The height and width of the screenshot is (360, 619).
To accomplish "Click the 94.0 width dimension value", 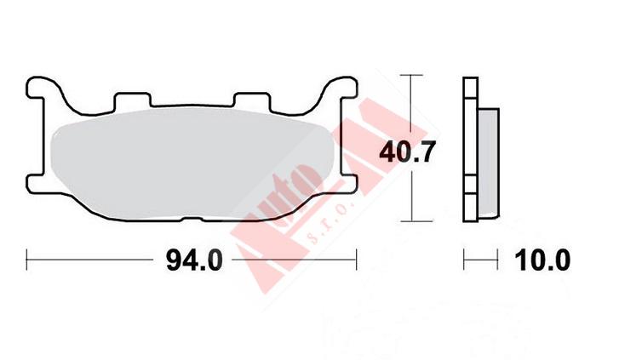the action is click(x=194, y=260).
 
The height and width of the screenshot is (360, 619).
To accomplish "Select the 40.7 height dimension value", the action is click(x=407, y=152).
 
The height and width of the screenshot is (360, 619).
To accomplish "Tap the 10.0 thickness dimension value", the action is click(x=542, y=260).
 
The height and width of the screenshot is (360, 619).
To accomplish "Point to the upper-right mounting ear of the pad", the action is click(x=342, y=88).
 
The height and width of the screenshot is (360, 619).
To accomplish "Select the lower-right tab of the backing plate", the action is click(x=347, y=183).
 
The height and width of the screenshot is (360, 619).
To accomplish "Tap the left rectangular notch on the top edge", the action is click(x=132, y=100).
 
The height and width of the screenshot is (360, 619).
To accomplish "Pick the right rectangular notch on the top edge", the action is click(x=251, y=100).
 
